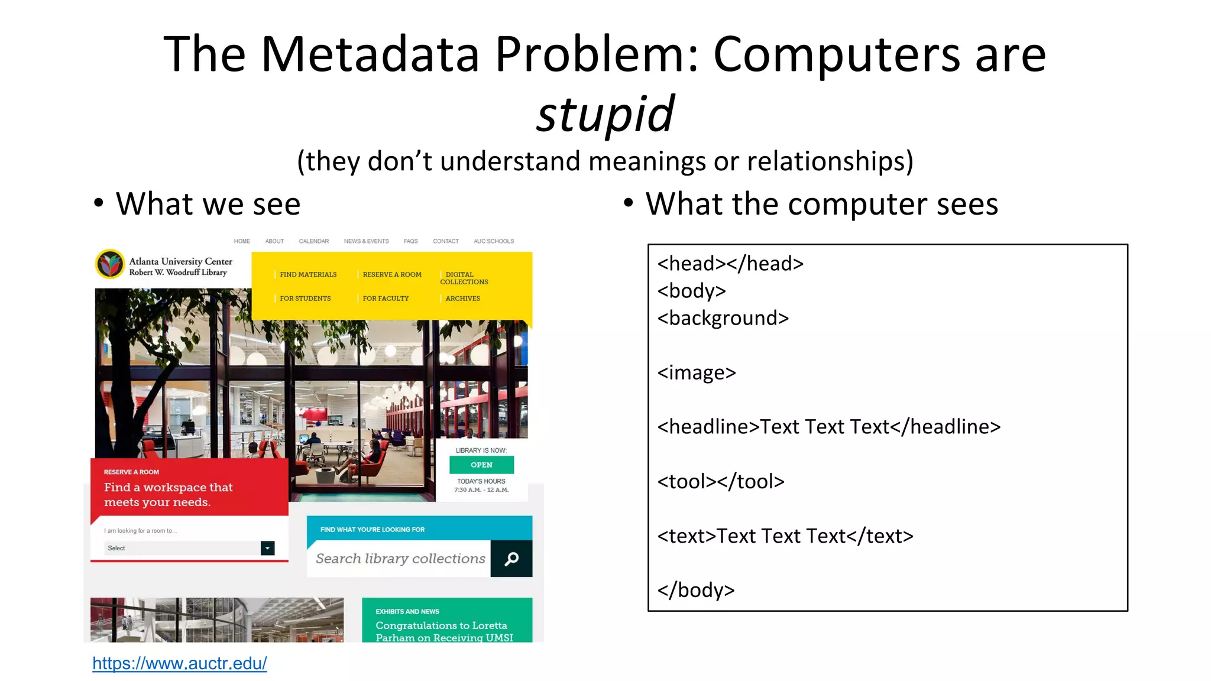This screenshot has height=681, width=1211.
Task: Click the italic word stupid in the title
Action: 605,113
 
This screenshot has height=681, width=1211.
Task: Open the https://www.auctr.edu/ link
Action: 180,663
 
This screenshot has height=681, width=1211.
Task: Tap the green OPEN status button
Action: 481,465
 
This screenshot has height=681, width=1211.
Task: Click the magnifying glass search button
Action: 511,559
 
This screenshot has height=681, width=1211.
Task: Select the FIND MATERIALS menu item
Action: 308,274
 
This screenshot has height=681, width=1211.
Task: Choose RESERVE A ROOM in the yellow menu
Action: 392,274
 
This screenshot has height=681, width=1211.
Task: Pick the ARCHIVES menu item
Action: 462,299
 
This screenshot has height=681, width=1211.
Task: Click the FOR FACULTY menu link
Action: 386,299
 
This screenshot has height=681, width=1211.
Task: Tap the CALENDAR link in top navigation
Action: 313,241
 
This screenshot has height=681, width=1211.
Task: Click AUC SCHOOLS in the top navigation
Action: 494,241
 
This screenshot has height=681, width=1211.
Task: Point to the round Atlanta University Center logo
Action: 110,264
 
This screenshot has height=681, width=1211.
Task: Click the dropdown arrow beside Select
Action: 267,548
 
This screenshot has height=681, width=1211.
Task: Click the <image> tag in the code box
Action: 697,372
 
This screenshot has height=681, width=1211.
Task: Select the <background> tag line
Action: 723,318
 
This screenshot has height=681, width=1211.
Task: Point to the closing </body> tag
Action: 696,590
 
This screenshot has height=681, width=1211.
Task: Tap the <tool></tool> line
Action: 721,481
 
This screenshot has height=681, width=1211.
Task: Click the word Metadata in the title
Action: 370,54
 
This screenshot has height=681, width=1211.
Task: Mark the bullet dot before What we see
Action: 99,203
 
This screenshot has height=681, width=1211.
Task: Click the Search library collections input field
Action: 400,559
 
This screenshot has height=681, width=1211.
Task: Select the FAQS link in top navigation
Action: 410,241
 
